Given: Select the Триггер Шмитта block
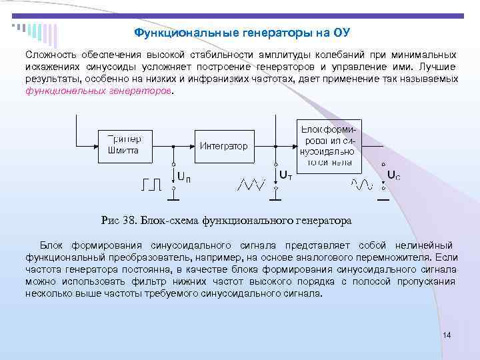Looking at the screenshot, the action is click(x=124, y=145).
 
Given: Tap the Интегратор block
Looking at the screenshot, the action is click(x=224, y=145).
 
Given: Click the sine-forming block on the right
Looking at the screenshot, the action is click(x=329, y=145).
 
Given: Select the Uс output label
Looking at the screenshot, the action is click(x=394, y=176).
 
